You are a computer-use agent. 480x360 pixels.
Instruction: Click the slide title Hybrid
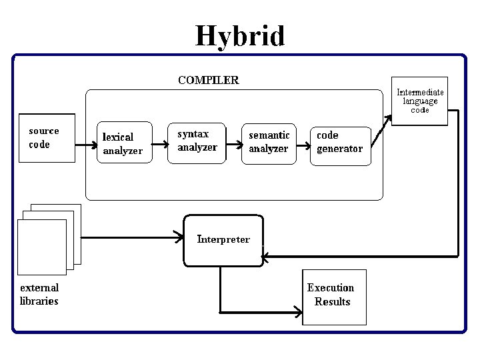[x=240, y=35]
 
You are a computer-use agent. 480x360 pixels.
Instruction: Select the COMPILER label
[x=208, y=80]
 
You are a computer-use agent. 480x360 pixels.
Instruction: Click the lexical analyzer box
[x=123, y=143]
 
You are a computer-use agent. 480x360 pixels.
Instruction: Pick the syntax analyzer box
[x=197, y=141]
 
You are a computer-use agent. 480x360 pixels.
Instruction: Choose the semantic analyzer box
[x=269, y=142]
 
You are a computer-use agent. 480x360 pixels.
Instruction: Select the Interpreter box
[x=223, y=239]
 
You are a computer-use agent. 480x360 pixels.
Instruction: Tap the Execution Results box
[x=334, y=296]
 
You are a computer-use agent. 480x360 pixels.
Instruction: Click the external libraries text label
[x=39, y=294]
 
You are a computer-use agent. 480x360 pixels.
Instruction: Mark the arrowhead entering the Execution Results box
[x=297, y=311]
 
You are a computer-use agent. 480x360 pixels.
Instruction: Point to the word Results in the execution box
[x=332, y=302]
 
